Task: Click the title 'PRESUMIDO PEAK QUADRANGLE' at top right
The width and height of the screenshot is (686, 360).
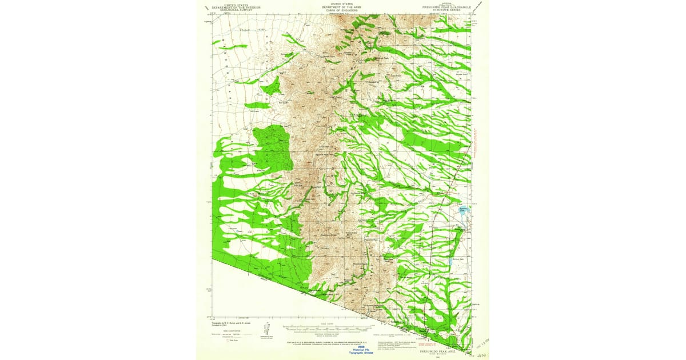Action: click(450, 8)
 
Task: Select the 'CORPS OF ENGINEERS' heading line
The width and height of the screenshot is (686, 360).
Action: click(342, 10)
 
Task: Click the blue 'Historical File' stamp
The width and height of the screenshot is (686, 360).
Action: click(361, 350)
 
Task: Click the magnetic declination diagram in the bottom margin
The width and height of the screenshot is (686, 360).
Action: click(266, 330)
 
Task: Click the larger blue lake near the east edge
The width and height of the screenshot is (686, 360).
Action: click(464, 211)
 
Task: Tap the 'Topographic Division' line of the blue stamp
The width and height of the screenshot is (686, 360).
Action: click(361, 354)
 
